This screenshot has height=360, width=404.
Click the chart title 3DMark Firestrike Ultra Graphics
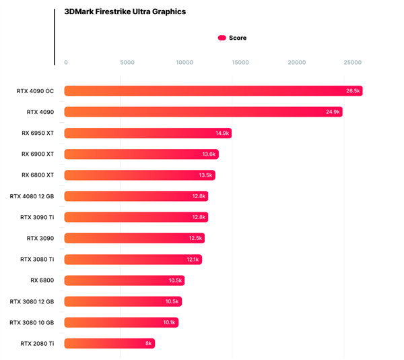[x=125, y=11]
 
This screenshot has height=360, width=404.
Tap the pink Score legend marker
[x=222, y=38]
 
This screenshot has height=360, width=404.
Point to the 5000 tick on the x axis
[x=127, y=63]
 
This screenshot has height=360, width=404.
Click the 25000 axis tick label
[x=352, y=63]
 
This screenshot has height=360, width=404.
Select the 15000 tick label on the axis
[x=240, y=63]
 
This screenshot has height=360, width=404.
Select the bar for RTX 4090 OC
[x=213, y=91]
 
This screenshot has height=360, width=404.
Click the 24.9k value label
[x=333, y=112]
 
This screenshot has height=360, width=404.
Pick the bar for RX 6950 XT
[x=148, y=133]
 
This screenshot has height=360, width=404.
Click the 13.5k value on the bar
[x=205, y=175]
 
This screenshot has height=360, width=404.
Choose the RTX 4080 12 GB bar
[x=136, y=196]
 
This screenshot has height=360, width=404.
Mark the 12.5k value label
[x=195, y=238]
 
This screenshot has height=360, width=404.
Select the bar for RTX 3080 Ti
[x=133, y=260]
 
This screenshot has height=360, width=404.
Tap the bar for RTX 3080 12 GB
[x=123, y=301]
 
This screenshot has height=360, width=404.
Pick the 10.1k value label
[x=169, y=322]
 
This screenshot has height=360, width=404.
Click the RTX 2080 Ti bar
[x=110, y=343]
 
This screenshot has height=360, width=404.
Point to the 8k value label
[x=149, y=343]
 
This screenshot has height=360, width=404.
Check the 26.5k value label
[x=353, y=91]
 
